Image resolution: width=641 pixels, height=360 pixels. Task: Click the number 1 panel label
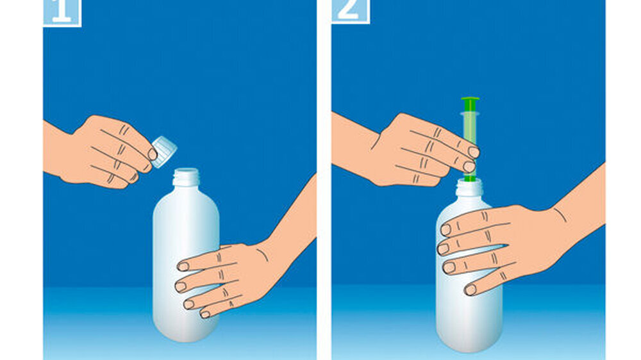coord(62,12)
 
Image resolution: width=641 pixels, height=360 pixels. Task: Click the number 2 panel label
coord(350,11)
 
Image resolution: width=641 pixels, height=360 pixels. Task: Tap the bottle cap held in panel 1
coord(163,152)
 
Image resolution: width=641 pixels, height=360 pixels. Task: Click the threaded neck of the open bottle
coord(186,177)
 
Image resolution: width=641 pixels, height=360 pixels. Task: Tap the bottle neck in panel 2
coord(469,187)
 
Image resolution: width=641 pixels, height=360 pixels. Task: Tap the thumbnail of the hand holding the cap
coord(153,154)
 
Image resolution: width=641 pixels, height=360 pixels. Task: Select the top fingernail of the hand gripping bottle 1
coord(183,267)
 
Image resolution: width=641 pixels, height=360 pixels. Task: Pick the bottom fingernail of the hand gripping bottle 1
coord(205,315)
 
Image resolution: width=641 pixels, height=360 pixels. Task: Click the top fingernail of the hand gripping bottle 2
coord(445,230)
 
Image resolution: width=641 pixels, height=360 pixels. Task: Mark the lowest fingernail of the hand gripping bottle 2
coord(470,290)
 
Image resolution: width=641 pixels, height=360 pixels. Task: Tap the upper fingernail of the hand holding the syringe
coord(474,152)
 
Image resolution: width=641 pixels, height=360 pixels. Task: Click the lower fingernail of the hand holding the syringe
coord(469,167)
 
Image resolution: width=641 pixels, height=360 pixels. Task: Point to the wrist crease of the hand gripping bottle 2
coord(560,215)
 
